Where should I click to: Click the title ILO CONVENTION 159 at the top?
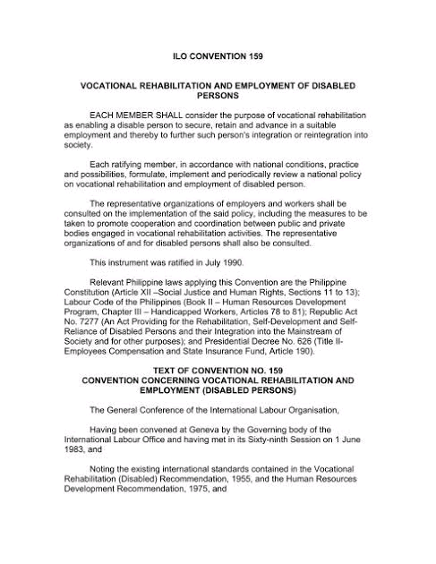[218, 55]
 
